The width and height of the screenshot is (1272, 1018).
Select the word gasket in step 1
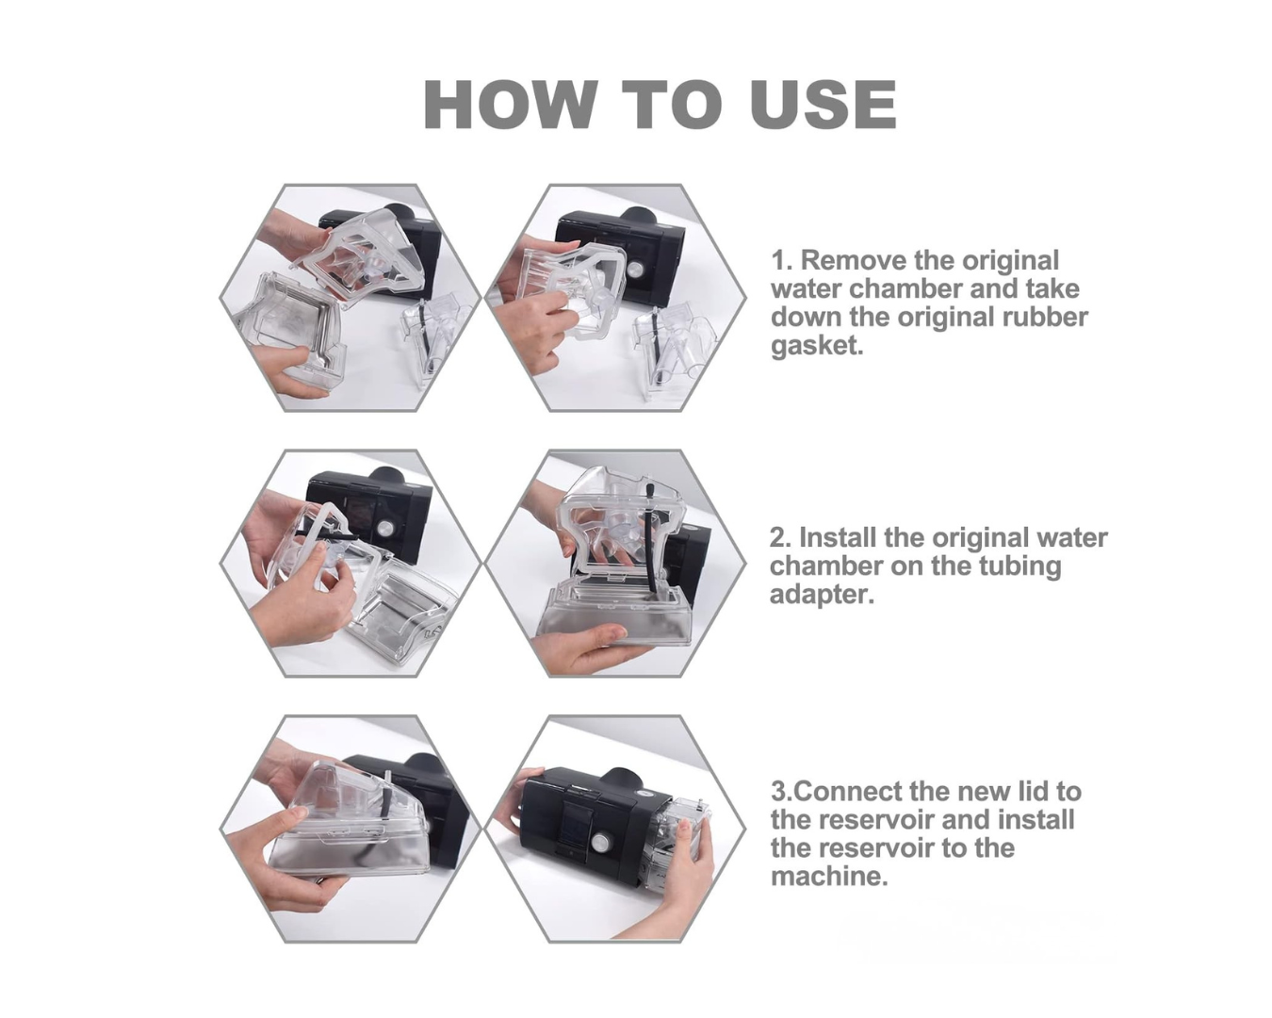(x=817, y=345)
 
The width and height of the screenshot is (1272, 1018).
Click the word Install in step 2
(x=838, y=537)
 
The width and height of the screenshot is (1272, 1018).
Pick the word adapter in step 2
(x=821, y=595)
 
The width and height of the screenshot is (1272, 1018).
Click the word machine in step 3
(x=828, y=876)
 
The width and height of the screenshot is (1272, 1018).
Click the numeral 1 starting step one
(x=779, y=260)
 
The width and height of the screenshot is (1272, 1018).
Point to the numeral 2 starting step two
(x=778, y=537)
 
